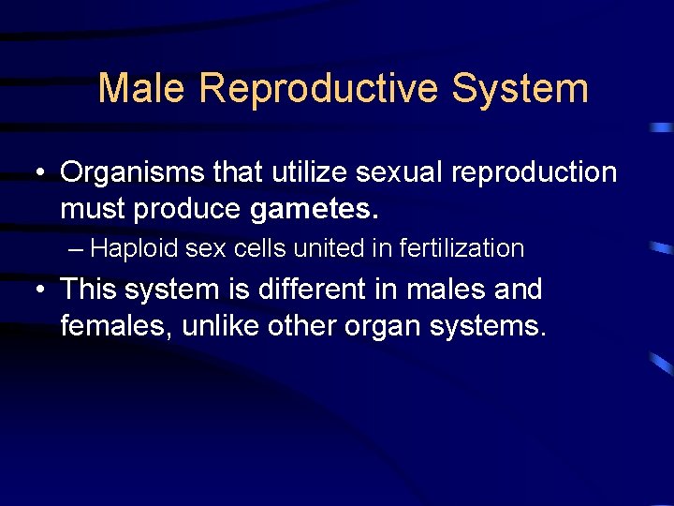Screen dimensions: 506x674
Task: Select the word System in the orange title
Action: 520,89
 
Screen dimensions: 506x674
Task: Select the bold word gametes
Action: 315,210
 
